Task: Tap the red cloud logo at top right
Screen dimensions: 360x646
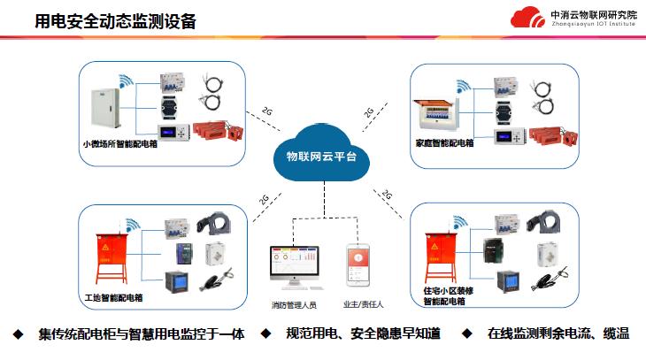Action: coord(527,18)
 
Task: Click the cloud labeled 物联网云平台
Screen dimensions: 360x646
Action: coord(321,153)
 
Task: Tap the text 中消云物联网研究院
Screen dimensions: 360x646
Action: coord(593,14)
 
